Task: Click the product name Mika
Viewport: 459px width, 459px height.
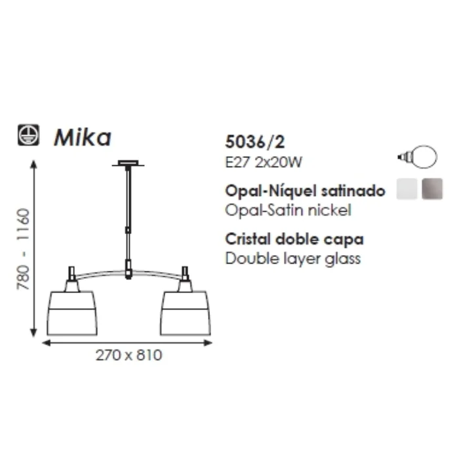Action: click(x=83, y=137)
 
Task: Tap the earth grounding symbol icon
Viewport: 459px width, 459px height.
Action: click(x=28, y=135)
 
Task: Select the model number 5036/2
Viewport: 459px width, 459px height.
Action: click(x=254, y=142)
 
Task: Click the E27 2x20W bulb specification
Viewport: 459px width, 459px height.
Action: click(x=264, y=162)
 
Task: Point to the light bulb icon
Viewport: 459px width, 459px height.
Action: click(x=418, y=157)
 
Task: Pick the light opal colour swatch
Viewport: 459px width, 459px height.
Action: click(x=407, y=189)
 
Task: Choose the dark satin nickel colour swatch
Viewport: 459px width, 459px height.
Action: click(x=432, y=189)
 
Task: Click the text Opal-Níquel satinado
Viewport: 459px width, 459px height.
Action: click(x=305, y=191)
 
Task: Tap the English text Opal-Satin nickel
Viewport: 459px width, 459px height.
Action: click(x=288, y=210)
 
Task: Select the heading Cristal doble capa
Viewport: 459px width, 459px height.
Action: click(x=294, y=239)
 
